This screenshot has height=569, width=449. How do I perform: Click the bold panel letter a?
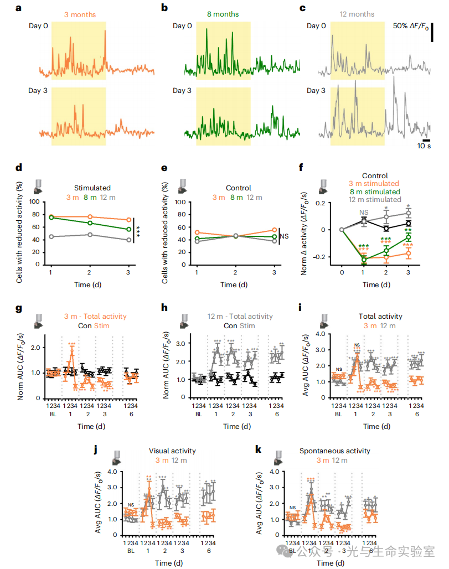point(18,8)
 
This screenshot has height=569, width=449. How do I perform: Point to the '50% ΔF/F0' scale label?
point(411,27)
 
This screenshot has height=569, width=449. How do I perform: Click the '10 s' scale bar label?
point(424,147)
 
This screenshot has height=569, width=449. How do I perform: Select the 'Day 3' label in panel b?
point(182,91)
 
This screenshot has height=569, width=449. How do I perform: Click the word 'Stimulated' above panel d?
point(92,188)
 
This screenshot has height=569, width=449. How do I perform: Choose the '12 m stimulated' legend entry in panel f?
point(374,200)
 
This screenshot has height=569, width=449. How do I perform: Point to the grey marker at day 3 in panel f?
point(409,213)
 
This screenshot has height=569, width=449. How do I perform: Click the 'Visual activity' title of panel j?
point(173,451)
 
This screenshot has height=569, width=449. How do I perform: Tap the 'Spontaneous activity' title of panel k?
point(334,451)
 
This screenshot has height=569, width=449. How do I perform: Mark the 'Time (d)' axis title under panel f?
point(375,284)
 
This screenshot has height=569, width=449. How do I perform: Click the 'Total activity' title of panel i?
point(380,317)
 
